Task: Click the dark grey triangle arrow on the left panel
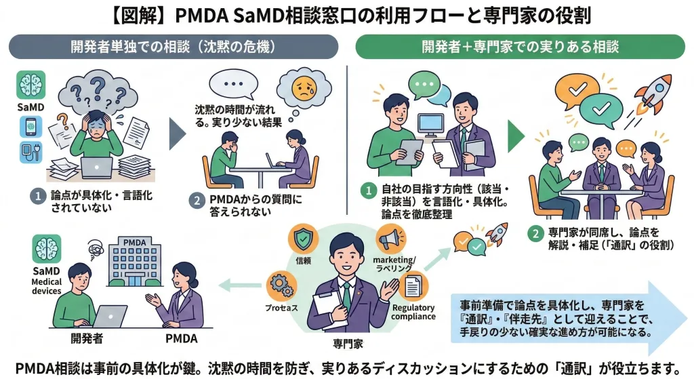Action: (x=178, y=132)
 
